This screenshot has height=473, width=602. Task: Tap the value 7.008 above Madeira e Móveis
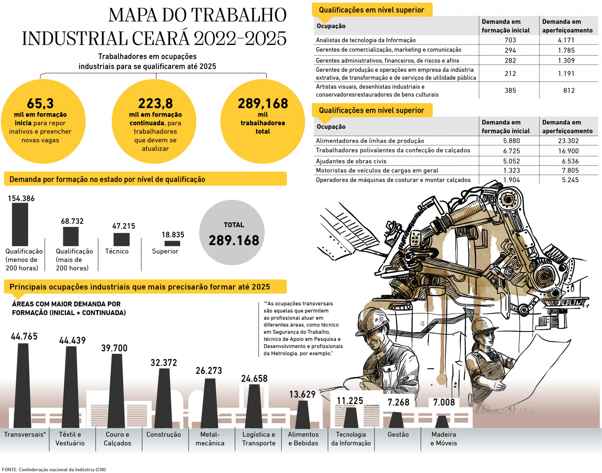444,402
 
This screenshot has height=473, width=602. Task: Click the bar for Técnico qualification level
121,239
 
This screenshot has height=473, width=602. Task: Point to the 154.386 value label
21,198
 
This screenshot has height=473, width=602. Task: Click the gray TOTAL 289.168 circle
232,233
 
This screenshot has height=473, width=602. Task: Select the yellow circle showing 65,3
43,122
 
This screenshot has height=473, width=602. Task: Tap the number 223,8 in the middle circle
156,103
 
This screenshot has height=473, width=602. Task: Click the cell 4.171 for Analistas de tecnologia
566,40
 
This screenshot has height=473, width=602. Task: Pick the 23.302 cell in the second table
568,141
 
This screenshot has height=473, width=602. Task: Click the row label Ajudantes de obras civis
351,161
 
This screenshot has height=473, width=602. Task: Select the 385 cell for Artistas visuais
510,91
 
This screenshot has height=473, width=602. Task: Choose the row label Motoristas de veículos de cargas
377,171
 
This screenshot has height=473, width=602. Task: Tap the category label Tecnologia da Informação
351,439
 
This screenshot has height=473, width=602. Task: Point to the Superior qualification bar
172,243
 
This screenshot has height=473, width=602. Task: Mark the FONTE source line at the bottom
54,470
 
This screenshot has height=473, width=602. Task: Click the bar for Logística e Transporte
254,406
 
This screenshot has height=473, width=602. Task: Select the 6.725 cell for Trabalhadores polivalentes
511,151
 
